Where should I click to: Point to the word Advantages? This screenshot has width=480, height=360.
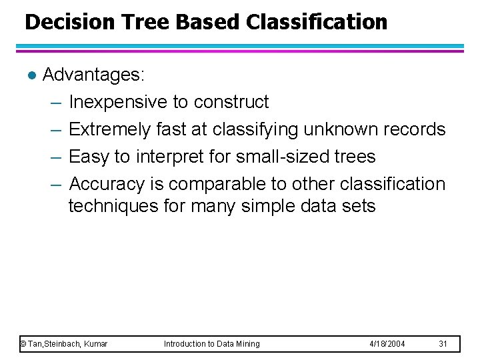click(x=93, y=75)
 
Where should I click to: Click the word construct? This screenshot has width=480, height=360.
click(x=231, y=102)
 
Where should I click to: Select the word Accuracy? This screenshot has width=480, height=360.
click(x=109, y=184)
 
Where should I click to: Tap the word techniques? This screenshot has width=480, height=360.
click(x=113, y=207)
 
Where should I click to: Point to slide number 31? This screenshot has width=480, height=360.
click(x=443, y=344)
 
